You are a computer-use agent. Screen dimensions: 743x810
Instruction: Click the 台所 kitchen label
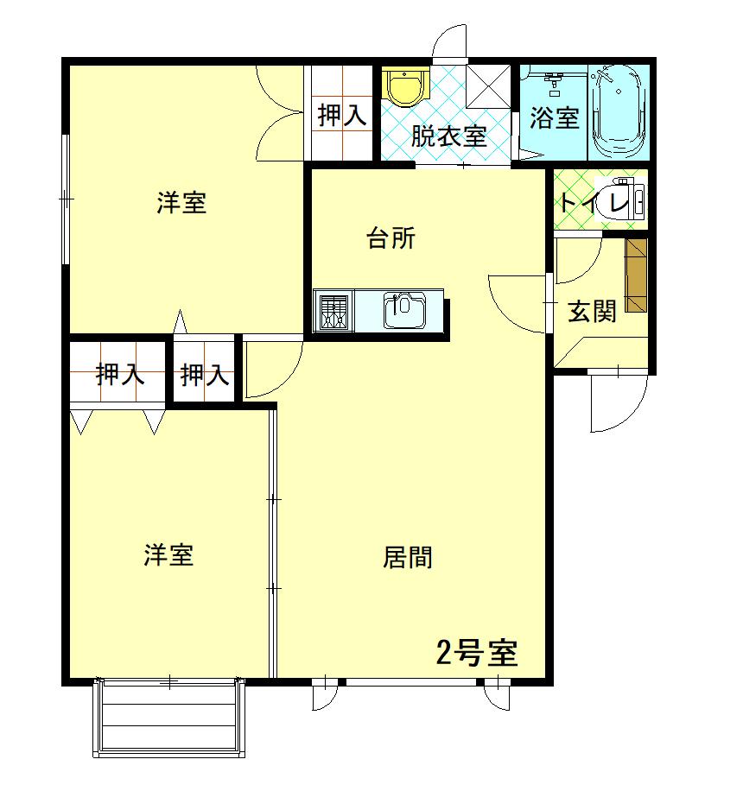click(391, 238)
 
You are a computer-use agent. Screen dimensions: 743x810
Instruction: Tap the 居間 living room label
click(408, 557)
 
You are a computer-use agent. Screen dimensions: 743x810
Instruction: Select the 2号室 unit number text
click(477, 653)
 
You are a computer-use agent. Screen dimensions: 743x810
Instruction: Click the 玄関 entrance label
click(592, 312)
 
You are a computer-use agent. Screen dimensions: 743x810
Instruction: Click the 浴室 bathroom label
click(555, 117)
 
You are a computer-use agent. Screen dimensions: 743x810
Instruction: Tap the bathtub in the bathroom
click(619, 111)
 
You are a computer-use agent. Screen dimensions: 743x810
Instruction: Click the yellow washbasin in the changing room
click(405, 86)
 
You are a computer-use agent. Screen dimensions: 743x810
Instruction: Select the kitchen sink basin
click(404, 310)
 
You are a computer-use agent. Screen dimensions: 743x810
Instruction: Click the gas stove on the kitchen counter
click(333, 311)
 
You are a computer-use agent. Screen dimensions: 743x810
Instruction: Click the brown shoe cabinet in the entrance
click(636, 275)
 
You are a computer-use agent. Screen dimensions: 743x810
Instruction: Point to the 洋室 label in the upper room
click(182, 202)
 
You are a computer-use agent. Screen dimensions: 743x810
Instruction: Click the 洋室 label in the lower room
click(168, 554)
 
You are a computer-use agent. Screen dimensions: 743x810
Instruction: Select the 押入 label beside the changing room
click(342, 115)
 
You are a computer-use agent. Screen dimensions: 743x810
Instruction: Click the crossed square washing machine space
click(489, 86)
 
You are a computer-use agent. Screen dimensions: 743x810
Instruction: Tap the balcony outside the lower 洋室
click(169, 718)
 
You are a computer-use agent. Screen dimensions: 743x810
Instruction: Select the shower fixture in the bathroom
click(554, 82)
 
